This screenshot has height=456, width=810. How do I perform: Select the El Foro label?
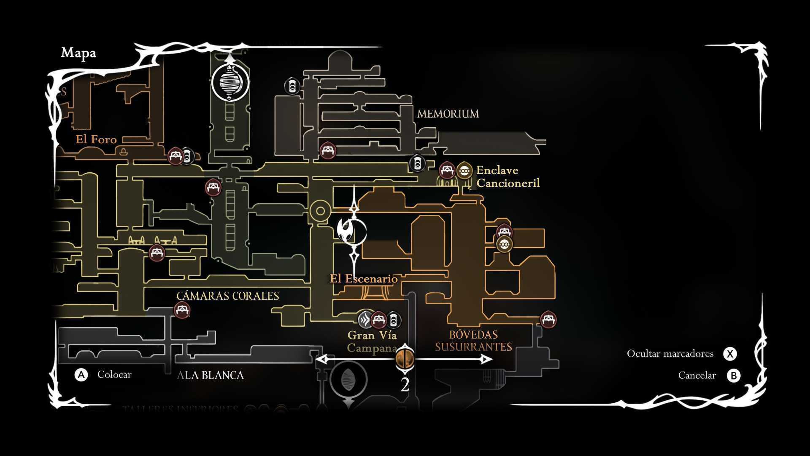click(x=96, y=139)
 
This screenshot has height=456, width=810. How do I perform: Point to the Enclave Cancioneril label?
click(x=508, y=176)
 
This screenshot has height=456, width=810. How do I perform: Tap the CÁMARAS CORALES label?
click(x=228, y=296)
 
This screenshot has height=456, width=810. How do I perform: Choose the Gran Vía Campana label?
click(x=372, y=341)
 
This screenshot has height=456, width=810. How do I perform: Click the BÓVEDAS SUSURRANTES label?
click(x=473, y=341)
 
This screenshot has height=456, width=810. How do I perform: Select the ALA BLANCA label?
click(x=210, y=375)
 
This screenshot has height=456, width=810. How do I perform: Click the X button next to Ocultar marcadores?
click(x=730, y=354)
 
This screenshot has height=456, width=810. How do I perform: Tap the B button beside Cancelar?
click(x=733, y=375)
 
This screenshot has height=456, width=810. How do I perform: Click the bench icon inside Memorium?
click(x=328, y=151)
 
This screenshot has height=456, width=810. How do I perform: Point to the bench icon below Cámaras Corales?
click(x=182, y=310)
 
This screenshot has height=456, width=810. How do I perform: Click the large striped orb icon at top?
click(x=230, y=83)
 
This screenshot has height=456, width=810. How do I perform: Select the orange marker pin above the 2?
click(x=405, y=359)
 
